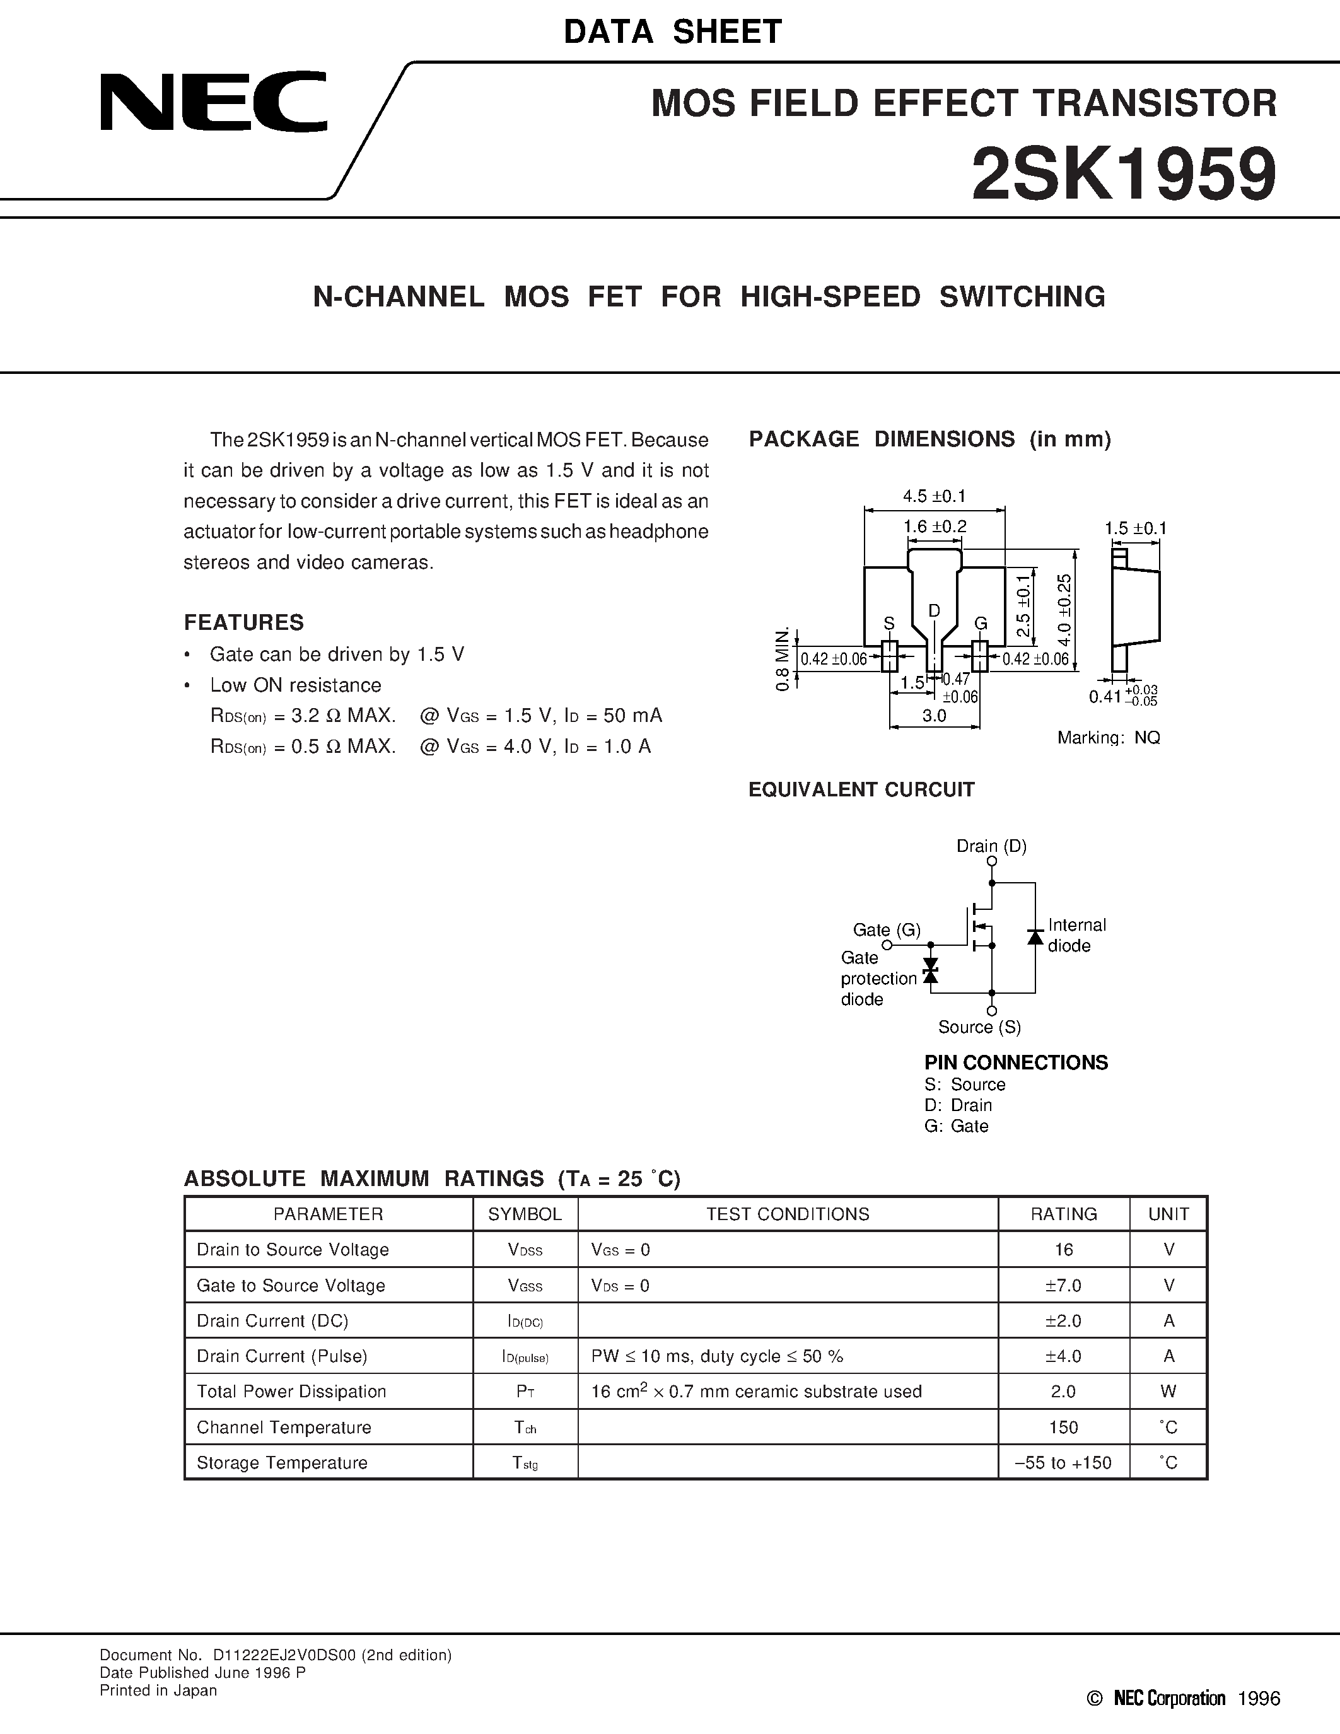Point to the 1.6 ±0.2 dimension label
click(x=935, y=527)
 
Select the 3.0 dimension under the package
click(x=935, y=716)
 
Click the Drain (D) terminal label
click(x=991, y=846)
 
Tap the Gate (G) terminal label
click(x=886, y=929)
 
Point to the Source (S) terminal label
click(x=979, y=1027)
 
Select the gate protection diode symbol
click(x=930, y=970)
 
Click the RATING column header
click(x=1063, y=1214)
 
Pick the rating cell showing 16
click(x=1063, y=1250)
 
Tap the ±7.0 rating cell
click(x=1063, y=1286)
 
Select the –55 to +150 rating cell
click(x=1063, y=1462)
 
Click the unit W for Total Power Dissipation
click(x=1168, y=1392)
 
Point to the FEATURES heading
click(x=243, y=622)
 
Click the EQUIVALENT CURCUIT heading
click(x=861, y=790)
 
